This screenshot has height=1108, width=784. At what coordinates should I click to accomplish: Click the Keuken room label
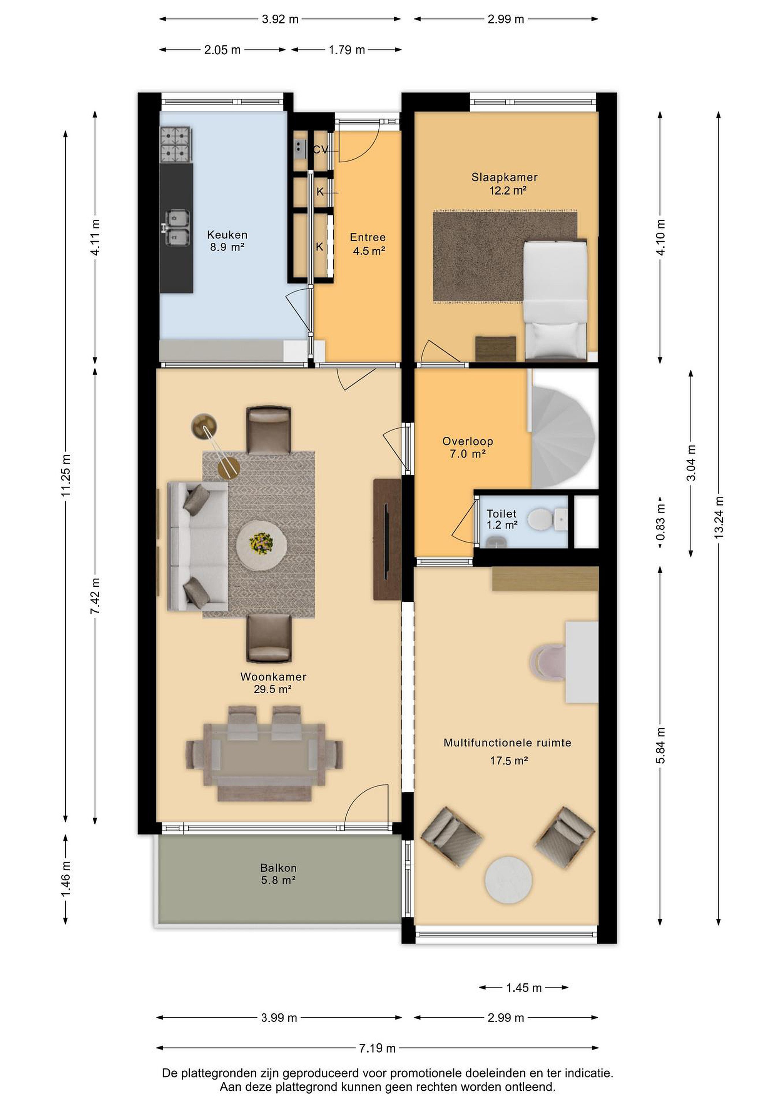pos(227,235)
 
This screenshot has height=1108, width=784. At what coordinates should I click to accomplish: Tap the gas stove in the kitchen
pos(175,144)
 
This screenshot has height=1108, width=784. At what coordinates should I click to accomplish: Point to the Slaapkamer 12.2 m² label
pos(505,184)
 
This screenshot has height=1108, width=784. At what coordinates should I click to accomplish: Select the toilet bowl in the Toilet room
pos(540,520)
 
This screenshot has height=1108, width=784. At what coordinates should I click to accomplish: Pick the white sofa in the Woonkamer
pos(197,546)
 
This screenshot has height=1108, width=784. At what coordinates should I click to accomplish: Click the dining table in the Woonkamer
pos(264,755)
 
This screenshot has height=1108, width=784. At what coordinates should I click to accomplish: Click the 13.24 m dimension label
pos(719,518)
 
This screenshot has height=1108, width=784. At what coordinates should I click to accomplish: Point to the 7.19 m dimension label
pos(377,1048)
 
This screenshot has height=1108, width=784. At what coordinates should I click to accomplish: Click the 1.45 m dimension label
pos(524,988)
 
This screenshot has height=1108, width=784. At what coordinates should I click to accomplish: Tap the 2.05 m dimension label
pos(222,50)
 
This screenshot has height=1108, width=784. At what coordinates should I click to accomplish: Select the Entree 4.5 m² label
pos(368,244)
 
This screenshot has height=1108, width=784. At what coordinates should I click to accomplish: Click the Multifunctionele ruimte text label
pos(507,743)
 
